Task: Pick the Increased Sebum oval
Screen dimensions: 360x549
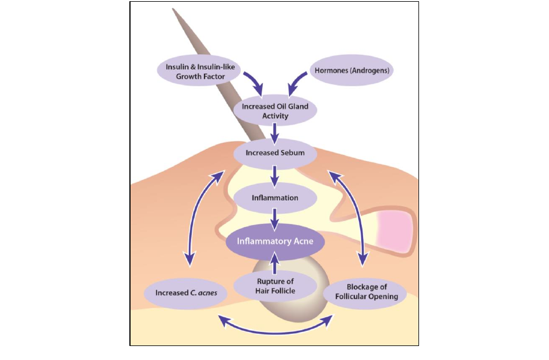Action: (x=274, y=153)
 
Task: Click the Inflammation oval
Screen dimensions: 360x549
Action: (x=274, y=198)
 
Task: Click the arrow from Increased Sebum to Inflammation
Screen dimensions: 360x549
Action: (x=274, y=175)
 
